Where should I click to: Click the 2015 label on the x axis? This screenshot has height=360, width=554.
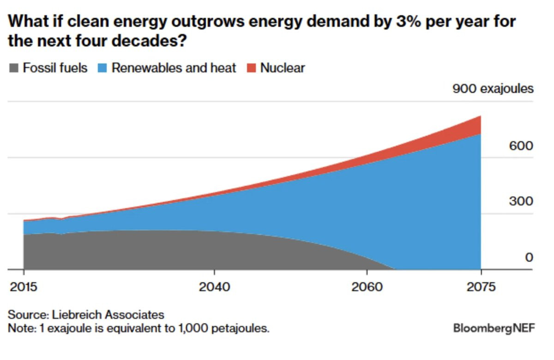23,287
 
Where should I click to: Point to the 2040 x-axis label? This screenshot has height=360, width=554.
214,287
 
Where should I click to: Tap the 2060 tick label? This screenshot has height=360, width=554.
367,287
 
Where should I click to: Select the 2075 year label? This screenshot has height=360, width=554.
481,287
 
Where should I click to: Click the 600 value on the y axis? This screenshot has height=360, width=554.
521,146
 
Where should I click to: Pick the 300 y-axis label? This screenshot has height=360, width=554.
521,202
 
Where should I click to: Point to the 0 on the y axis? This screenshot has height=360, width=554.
529,258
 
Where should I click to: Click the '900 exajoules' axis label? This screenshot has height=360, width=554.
493,89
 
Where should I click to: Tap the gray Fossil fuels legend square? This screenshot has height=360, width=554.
13,69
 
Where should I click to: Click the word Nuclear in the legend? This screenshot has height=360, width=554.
283,68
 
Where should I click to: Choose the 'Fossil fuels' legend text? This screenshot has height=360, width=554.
55,68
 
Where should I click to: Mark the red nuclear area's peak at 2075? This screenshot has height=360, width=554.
480,117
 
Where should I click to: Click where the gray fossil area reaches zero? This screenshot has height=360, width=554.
395,269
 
